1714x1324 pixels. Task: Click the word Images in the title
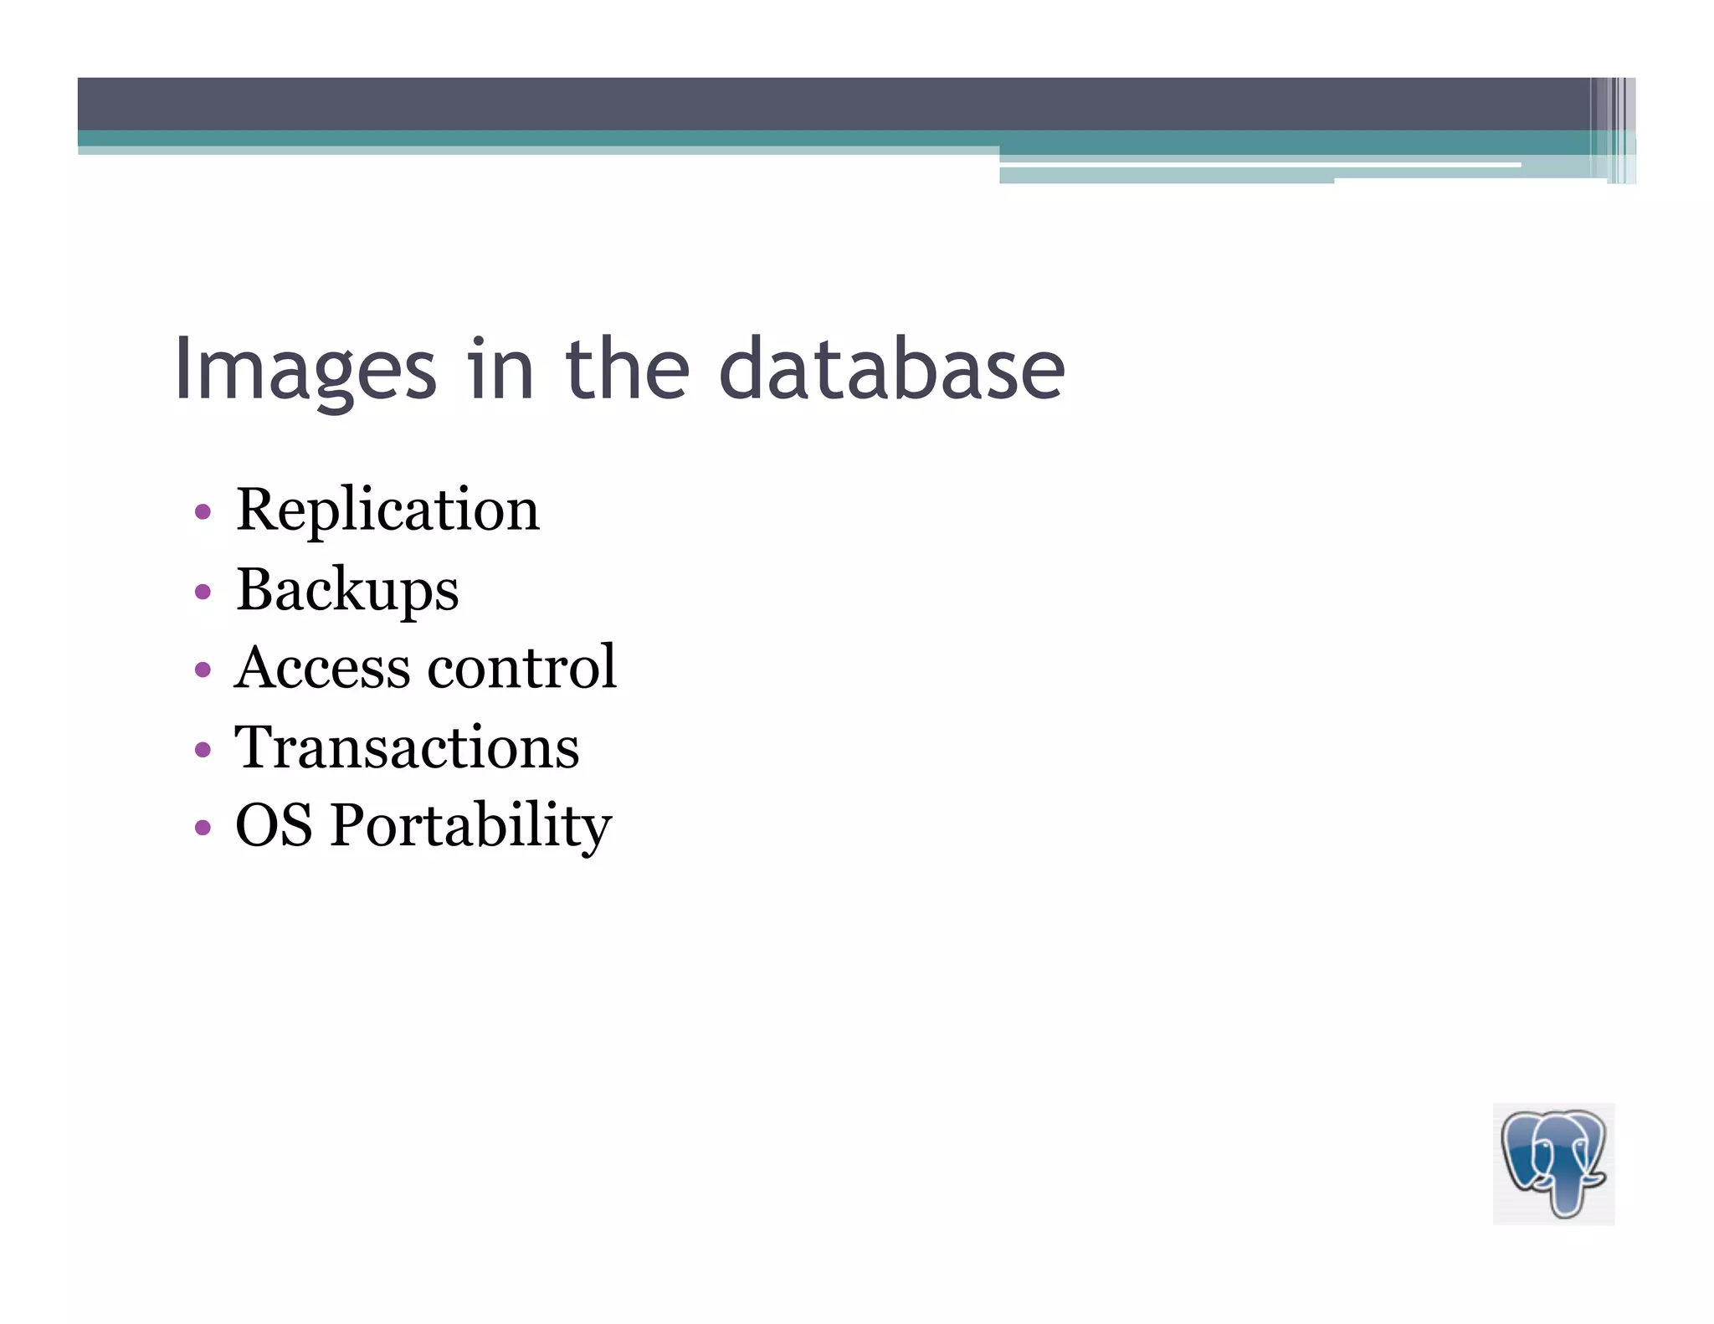[305, 370]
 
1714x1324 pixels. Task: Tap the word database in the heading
[892, 370]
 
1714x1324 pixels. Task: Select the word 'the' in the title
[628, 370]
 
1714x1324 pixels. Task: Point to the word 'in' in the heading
[500, 370]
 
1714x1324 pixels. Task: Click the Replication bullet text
[387, 510]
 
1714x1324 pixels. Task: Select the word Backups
[347, 590]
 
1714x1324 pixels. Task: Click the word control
[522, 668]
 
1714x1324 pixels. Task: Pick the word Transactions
[407, 747]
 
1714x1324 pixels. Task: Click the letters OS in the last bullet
[274, 825]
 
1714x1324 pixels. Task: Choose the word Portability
[470, 827]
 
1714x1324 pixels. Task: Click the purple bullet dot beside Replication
[202, 511]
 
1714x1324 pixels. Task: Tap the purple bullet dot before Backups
[202, 592]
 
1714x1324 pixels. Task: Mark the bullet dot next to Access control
[202, 670]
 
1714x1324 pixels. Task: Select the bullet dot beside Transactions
[202, 748]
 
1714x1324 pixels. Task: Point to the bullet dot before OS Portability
[202, 827]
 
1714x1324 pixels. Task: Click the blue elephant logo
[1553, 1163]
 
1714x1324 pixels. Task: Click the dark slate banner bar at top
[837, 104]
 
